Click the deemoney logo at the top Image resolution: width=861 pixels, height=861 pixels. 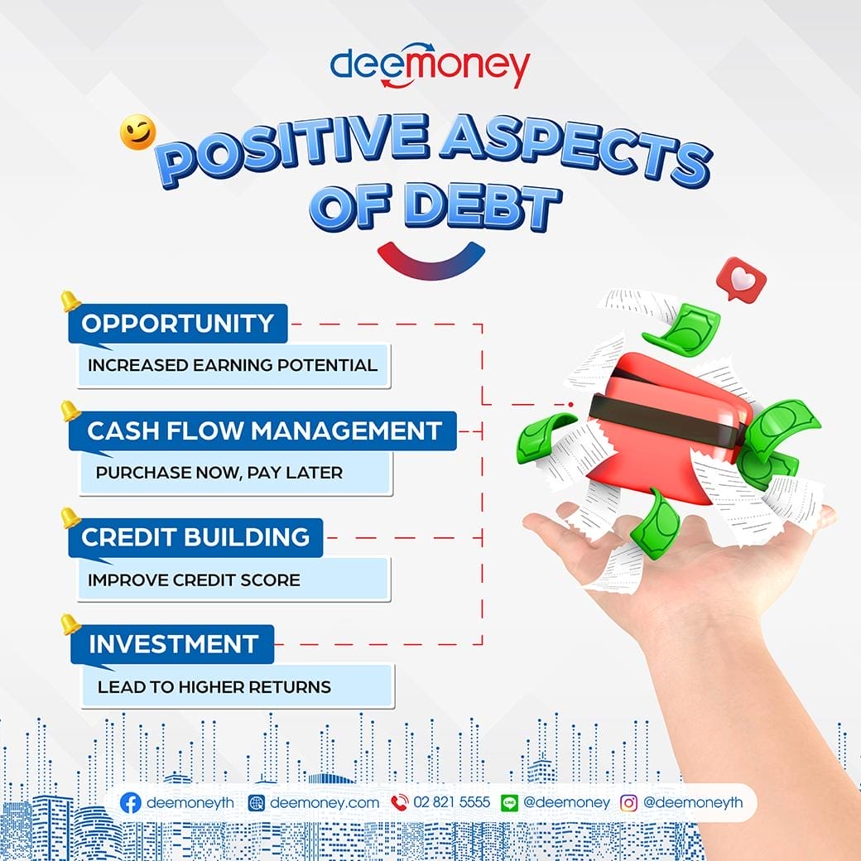(430, 66)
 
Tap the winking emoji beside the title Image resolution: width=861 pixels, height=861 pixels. (137, 133)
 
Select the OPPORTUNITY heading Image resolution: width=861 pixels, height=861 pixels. (177, 323)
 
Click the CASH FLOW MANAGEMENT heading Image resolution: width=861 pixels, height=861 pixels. (263, 430)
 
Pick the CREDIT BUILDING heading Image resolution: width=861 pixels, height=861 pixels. (195, 537)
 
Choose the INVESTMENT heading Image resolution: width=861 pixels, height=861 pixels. (173, 643)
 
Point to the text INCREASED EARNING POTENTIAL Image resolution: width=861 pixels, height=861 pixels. (233, 365)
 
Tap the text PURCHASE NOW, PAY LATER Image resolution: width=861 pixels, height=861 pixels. (219, 473)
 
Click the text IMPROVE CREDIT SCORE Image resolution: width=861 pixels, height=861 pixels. (194, 580)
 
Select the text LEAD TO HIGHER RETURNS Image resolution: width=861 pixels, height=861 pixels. (214, 686)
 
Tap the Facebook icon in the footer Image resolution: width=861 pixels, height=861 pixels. (130, 802)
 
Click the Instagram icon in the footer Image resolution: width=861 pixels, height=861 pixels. (629, 802)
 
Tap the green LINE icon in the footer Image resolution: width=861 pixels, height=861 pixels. (510, 802)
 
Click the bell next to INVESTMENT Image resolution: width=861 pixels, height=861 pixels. (70, 624)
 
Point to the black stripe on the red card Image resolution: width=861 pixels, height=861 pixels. (662, 420)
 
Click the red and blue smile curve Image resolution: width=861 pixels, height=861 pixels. (430, 259)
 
